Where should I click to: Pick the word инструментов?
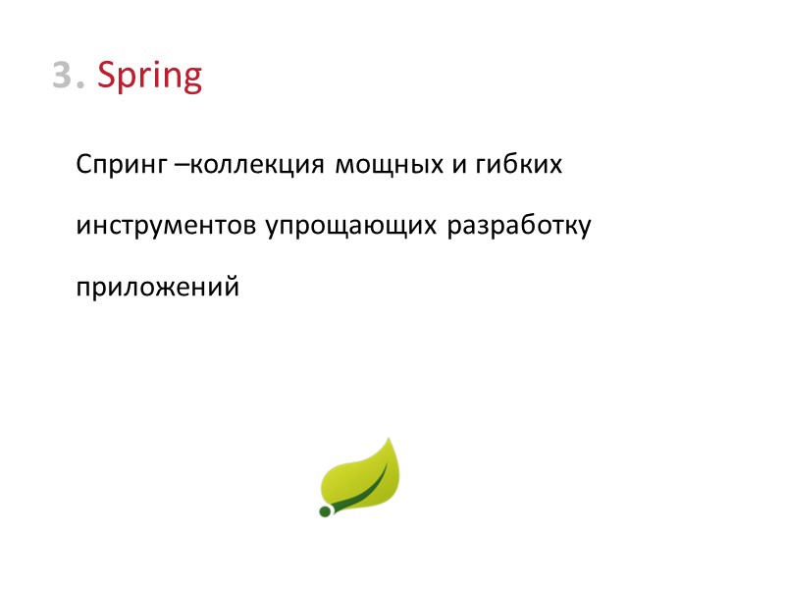(168, 227)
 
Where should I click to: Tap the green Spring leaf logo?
(361, 477)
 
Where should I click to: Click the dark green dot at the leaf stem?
(325, 510)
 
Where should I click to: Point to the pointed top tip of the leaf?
(390, 440)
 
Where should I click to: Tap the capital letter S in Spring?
(108, 76)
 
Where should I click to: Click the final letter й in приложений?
(233, 288)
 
